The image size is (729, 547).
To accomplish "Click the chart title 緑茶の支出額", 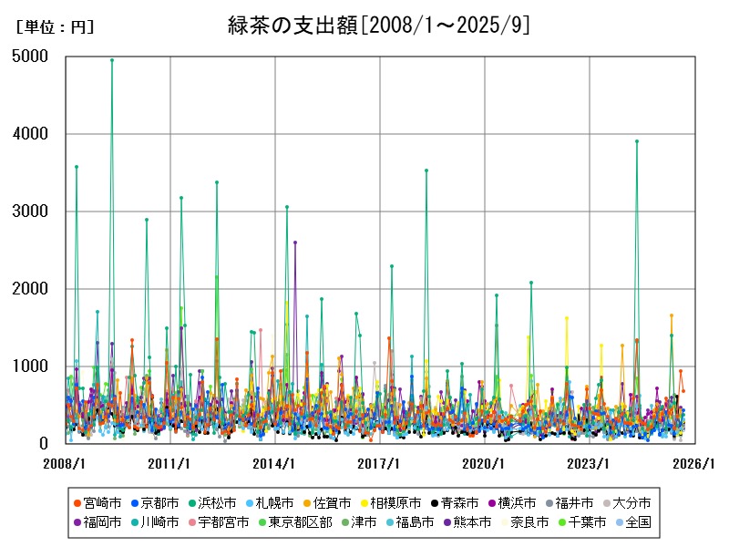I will (378, 26).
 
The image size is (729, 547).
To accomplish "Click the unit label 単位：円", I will (55, 27).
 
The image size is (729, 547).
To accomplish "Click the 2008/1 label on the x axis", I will (66, 463).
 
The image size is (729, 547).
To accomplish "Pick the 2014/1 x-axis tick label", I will (275, 463).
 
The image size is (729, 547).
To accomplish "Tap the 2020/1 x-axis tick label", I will (485, 463).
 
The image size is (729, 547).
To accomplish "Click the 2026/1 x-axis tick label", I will (694, 463).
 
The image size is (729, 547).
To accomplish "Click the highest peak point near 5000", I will (112, 60).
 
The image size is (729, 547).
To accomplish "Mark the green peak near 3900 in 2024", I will (637, 141).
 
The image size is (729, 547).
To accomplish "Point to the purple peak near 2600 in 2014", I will (295, 243).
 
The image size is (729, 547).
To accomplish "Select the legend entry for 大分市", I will (633, 502).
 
